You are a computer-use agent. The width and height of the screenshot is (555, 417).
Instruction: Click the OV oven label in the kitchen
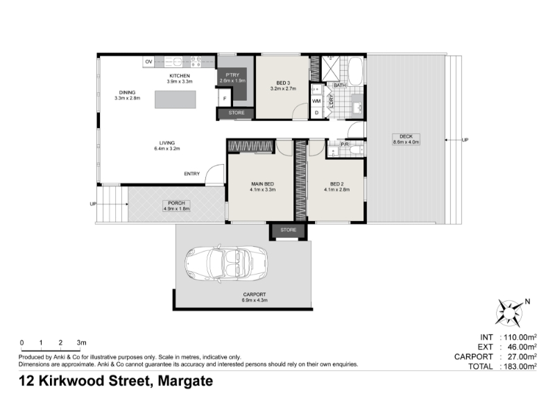point(148,62)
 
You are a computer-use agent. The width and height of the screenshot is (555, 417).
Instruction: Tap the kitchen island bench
point(176,99)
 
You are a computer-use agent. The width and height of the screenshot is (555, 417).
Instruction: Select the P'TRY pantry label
point(232,75)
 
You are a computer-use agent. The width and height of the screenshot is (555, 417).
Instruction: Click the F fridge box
point(225,98)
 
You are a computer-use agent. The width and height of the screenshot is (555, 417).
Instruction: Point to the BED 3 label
point(283,83)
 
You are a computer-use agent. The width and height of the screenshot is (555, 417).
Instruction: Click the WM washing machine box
point(316,101)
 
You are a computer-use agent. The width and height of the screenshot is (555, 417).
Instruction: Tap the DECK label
point(406,136)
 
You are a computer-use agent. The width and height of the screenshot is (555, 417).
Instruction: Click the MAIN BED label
point(263,184)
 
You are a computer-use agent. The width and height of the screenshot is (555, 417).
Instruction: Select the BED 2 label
point(336,184)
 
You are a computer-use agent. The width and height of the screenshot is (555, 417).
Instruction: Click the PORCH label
point(176,203)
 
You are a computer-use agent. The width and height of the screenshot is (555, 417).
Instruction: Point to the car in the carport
point(226,263)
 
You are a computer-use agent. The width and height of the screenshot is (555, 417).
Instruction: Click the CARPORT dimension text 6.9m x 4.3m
point(255,300)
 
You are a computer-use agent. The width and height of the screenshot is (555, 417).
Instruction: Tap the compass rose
point(509,313)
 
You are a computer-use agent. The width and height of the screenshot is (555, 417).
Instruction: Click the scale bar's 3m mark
point(81,343)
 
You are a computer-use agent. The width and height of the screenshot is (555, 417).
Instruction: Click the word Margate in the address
point(185,381)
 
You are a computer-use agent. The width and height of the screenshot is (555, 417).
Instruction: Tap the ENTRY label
point(192,174)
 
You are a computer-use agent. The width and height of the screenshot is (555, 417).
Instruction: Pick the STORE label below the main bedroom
point(288,230)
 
